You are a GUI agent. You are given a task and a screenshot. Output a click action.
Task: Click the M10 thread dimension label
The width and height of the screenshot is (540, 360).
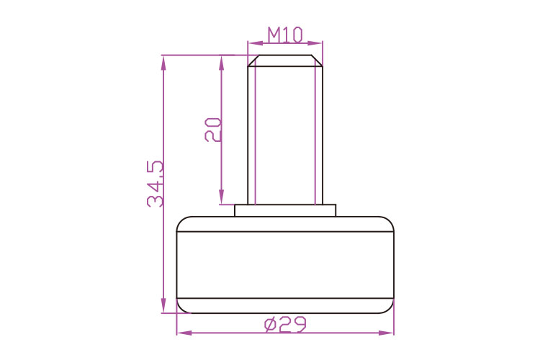[285, 35]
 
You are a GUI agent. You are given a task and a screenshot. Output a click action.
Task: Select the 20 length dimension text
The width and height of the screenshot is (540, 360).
[213, 130]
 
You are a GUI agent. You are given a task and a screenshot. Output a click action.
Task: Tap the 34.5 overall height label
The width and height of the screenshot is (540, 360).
[155, 184]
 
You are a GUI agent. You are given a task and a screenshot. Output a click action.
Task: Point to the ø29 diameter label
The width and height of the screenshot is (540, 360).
[285, 325]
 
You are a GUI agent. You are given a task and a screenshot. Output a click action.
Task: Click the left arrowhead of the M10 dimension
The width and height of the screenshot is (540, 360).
[255, 43]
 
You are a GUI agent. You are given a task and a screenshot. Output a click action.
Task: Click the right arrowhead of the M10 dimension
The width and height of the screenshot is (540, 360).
[315, 43]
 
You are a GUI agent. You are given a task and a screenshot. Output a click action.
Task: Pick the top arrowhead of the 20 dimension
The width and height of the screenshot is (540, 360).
[222, 63]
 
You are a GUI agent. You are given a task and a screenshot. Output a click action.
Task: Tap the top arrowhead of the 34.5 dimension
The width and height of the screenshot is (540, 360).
[163, 63]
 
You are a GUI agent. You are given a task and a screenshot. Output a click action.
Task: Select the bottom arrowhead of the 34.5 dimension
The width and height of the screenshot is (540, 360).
[163, 305]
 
